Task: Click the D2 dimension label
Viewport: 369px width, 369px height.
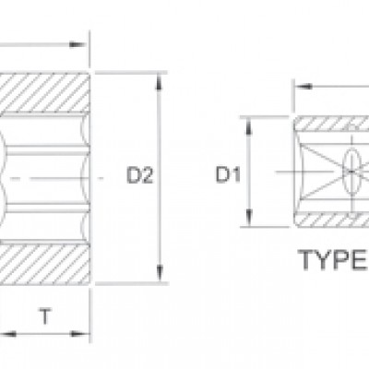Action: pos(139,175)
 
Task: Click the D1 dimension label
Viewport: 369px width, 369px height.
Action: pos(228,174)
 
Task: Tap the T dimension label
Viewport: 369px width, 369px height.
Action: pos(45,316)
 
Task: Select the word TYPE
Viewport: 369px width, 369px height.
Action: pos(333,260)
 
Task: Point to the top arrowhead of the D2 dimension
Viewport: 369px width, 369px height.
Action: pos(159,81)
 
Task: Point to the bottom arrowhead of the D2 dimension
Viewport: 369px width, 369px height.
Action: pos(160,273)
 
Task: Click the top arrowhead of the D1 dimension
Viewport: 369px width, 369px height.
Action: pos(248,126)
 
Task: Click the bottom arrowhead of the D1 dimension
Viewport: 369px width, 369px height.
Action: pos(249,218)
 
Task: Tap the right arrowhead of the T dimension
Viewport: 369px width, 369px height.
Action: pos(80,334)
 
